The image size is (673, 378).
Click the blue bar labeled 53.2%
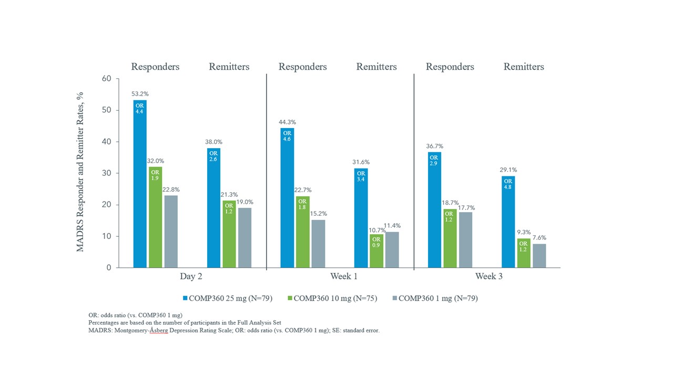coord(139,184)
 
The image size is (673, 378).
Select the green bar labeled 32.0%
coord(155,217)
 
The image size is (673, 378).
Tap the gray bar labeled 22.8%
coord(171,232)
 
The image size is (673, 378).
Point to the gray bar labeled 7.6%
coord(539,256)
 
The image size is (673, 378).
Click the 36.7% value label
coord(434,146)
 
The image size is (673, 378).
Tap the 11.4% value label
coord(392,226)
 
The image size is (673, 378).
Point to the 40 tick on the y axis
coord(106,142)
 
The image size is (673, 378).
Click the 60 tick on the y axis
coord(106,79)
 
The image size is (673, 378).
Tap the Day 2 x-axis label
coord(192,277)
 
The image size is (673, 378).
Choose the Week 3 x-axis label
coord(489,277)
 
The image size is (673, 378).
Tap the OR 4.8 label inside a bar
coord(508,184)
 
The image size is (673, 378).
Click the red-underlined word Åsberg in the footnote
coord(156,331)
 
